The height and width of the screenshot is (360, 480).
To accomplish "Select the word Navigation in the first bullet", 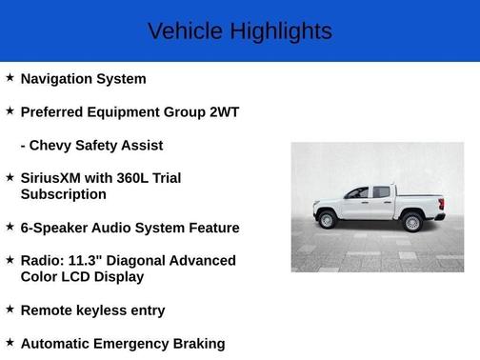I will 56,79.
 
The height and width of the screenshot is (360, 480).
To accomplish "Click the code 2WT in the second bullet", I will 222,112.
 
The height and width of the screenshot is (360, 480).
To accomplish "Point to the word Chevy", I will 54,146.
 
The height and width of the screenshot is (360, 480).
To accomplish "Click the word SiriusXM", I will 55,178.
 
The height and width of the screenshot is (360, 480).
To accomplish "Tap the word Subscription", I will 64,194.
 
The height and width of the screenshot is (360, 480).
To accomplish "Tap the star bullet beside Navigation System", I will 10,78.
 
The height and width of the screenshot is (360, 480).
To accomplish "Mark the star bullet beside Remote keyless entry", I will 10,310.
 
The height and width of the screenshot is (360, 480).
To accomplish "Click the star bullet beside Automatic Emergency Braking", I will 10,343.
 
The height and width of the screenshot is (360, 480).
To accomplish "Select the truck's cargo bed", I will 422,201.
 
